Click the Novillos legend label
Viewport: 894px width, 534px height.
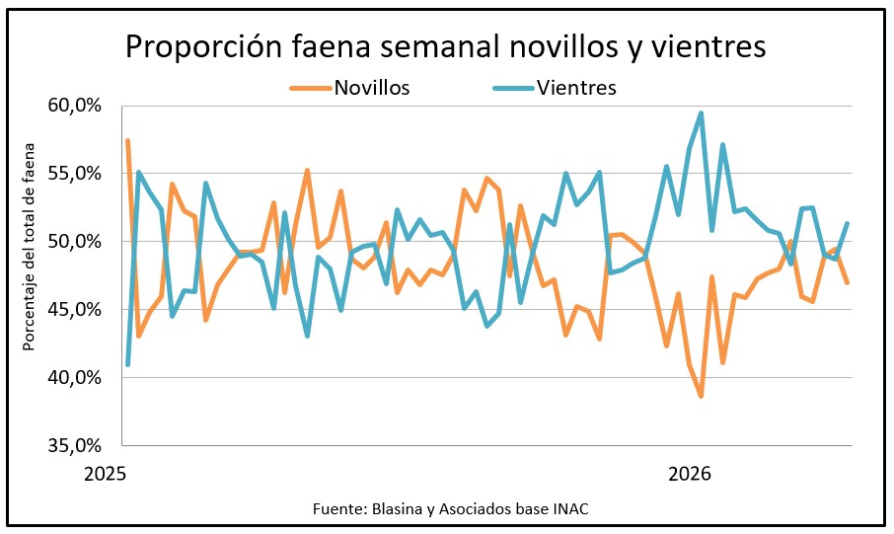click(372, 88)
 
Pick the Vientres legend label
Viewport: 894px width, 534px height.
click(577, 88)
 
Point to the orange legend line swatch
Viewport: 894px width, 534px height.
click(310, 89)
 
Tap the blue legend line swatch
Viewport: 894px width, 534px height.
click(514, 89)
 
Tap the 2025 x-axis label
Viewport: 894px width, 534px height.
click(107, 474)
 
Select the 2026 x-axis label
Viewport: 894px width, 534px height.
click(690, 474)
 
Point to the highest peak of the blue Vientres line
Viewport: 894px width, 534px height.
click(701, 114)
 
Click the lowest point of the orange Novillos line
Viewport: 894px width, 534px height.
click(701, 396)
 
